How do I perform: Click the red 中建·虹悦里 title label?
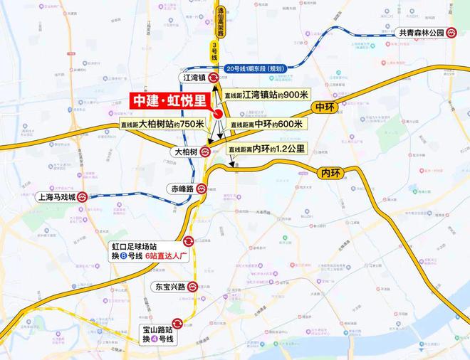(x=169, y=102)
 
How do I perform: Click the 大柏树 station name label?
(x=183, y=152)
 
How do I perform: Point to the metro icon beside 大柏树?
(x=205, y=151)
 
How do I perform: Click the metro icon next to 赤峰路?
(x=203, y=189)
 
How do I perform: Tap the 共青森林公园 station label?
(x=422, y=33)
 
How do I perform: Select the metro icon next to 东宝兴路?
(x=192, y=287)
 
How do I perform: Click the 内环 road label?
(x=333, y=173)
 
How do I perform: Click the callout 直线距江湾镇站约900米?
(x=266, y=94)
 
